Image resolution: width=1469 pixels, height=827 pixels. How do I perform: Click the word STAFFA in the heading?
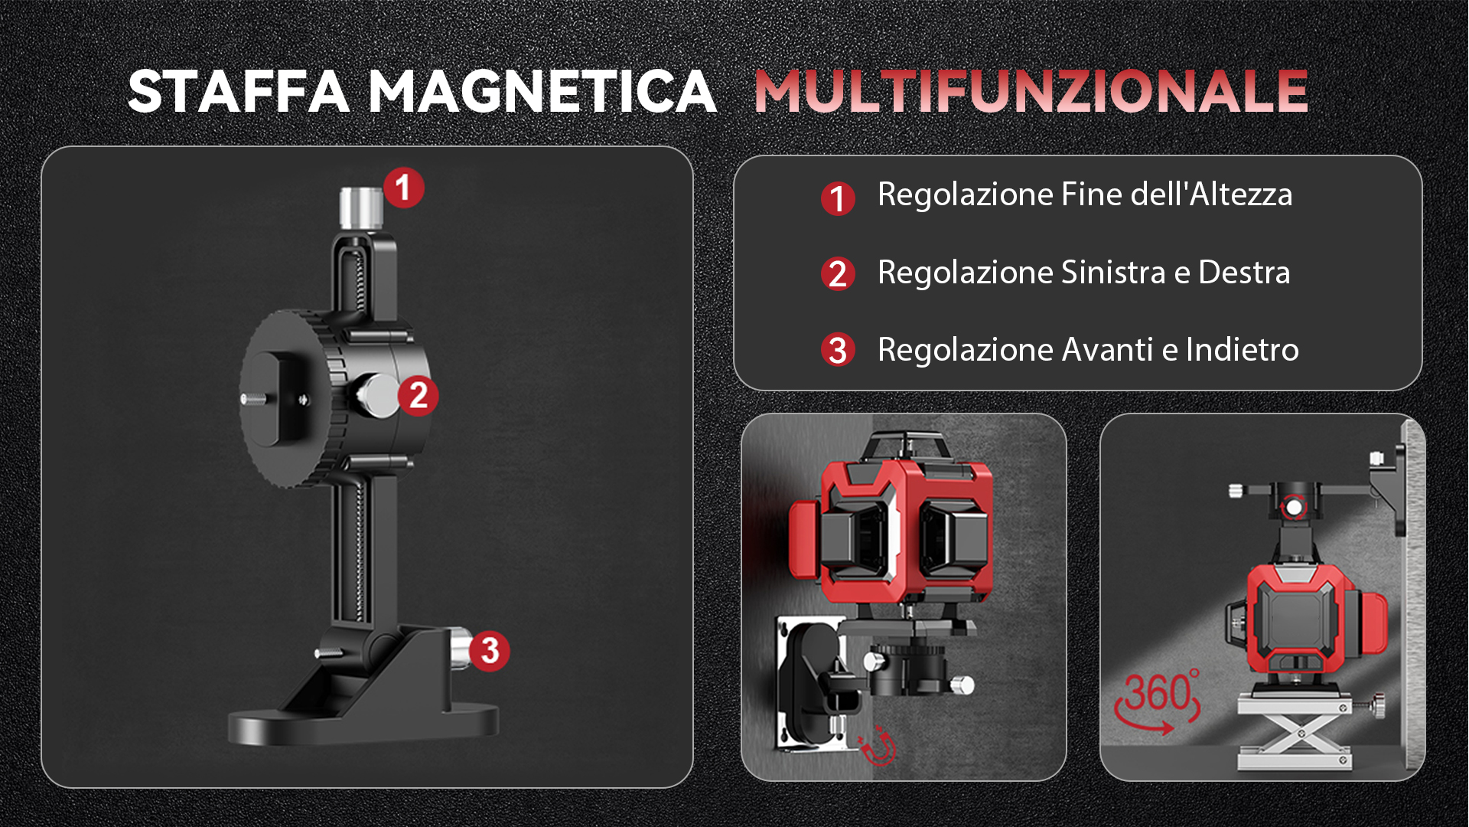pos(239,92)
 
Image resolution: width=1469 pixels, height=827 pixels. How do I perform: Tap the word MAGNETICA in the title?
pos(542,92)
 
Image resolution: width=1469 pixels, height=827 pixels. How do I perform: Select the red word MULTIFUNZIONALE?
pos(1031,92)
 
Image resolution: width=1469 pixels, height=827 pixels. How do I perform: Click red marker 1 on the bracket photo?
pos(403,188)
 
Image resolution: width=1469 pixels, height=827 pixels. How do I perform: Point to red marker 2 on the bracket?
pos(418,395)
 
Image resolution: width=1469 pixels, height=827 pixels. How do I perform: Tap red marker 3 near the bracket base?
pos(490,651)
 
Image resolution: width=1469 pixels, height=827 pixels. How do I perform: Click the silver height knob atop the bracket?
pos(361,208)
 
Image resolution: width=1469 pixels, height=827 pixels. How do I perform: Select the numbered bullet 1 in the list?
pos(838,199)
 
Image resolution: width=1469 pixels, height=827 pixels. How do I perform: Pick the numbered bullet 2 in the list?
pos(838,274)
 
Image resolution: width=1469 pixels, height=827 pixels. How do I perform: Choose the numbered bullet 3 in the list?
pos(838,350)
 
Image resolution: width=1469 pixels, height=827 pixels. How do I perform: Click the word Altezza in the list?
pos(1240,194)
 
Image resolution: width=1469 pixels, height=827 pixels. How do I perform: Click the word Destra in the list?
pos(1244,273)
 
